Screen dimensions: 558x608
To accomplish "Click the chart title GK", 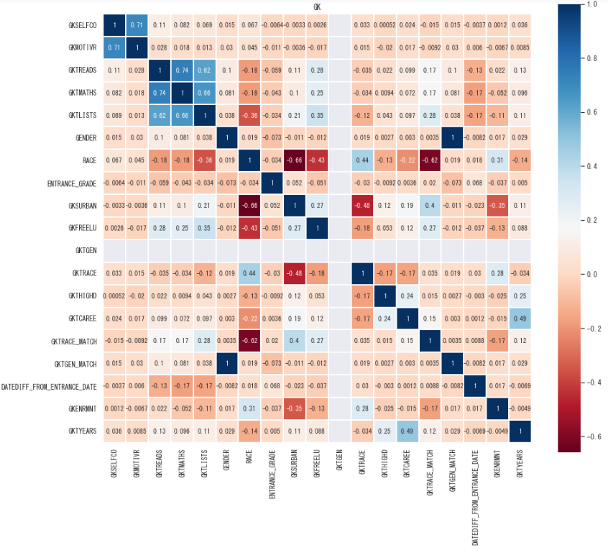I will click(318, 7).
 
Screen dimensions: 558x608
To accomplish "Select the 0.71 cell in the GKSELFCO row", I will click(136, 26).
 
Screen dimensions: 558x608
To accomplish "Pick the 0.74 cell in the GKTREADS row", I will click(182, 70).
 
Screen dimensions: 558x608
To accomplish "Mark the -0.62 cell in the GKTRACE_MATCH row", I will click(249, 342).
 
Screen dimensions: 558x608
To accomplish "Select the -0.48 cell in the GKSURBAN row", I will click(362, 206).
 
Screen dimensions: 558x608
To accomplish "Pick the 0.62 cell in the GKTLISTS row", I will click(159, 116).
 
